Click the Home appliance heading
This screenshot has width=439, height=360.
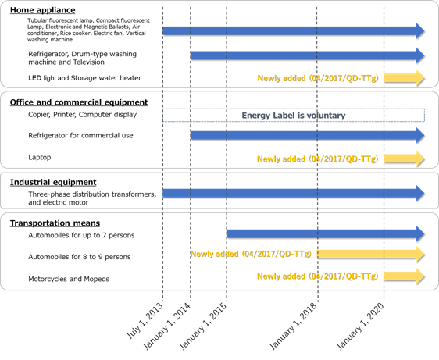click(x=42, y=10)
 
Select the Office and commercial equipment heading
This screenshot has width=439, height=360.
click(x=79, y=102)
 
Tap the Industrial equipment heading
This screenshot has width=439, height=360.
click(x=53, y=182)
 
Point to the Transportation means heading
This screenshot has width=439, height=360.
click(x=55, y=223)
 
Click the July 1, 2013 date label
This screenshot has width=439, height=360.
click(x=145, y=320)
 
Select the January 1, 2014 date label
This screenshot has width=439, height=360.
click(x=167, y=326)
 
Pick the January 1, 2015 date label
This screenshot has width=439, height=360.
click(x=203, y=326)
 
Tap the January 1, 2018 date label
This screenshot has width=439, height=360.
click(x=293, y=326)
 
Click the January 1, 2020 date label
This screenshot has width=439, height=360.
click(x=360, y=326)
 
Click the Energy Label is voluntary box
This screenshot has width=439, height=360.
click(x=294, y=116)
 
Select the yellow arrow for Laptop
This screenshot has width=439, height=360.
click(x=405, y=159)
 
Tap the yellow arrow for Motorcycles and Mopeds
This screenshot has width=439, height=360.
click(x=405, y=276)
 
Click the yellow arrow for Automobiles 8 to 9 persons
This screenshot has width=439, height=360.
click(x=371, y=254)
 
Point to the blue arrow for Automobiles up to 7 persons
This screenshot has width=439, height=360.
click(x=326, y=233)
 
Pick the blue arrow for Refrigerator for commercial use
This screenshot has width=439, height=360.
click(x=308, y=136)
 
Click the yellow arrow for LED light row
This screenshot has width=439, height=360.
click(x=405, y=78)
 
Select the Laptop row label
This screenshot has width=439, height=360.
click(x=40, y=157)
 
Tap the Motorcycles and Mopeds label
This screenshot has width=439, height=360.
click(x=69, y=279)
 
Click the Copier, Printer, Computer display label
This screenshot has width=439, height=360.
click(x=82, y=115)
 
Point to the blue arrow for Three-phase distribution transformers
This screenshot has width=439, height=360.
click(x=294, y=193)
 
